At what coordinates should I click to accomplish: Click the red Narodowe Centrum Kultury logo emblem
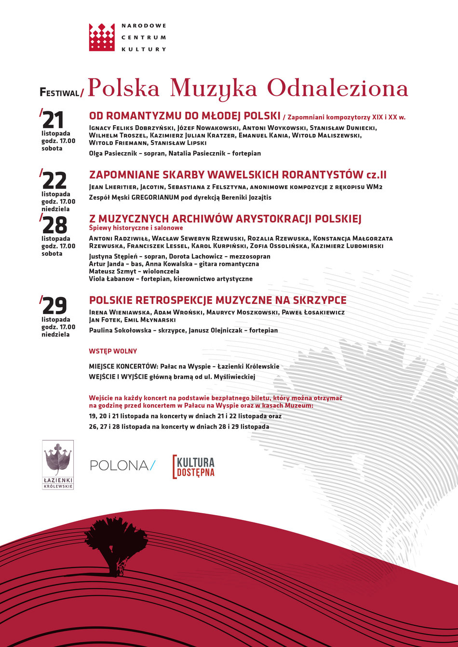click(102, 37)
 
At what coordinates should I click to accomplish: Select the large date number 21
click(53, 120)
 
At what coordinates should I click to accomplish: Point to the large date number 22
click(54, 181)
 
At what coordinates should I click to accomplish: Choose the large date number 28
click(54, 225)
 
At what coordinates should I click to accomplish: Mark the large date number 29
click(54, 306)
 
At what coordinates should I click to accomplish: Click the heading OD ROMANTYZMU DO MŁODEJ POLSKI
click(185, 116)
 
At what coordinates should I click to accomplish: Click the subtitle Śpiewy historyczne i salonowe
click(136, 228)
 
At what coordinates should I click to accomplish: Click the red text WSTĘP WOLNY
click(113, 351)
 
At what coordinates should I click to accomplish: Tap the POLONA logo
click(122, 465)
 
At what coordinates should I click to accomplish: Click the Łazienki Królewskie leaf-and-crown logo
click(58, 465)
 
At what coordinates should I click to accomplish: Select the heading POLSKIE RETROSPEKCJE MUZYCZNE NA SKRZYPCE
click(218, 300)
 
